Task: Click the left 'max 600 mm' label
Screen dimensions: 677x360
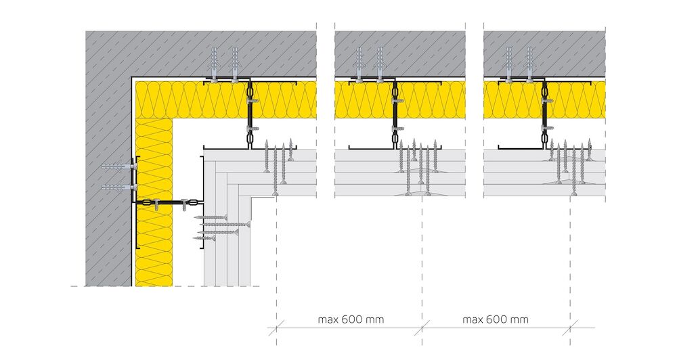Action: (351, 320)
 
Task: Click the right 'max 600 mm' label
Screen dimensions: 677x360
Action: (496, 320)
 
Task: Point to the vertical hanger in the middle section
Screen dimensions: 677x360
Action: (395, 114)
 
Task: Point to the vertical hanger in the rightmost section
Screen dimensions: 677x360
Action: (544, 114)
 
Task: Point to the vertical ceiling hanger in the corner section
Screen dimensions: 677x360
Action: (249, 114)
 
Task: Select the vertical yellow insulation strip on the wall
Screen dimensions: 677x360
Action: (154, 202)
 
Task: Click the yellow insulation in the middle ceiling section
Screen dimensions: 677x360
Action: (400, 99)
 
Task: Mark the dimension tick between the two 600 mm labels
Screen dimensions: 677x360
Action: (422, 328)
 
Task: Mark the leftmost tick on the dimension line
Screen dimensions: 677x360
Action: (276, 328)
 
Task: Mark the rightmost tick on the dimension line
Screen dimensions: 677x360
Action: (570, 328)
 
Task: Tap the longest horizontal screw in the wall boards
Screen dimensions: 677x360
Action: (225, 225)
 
